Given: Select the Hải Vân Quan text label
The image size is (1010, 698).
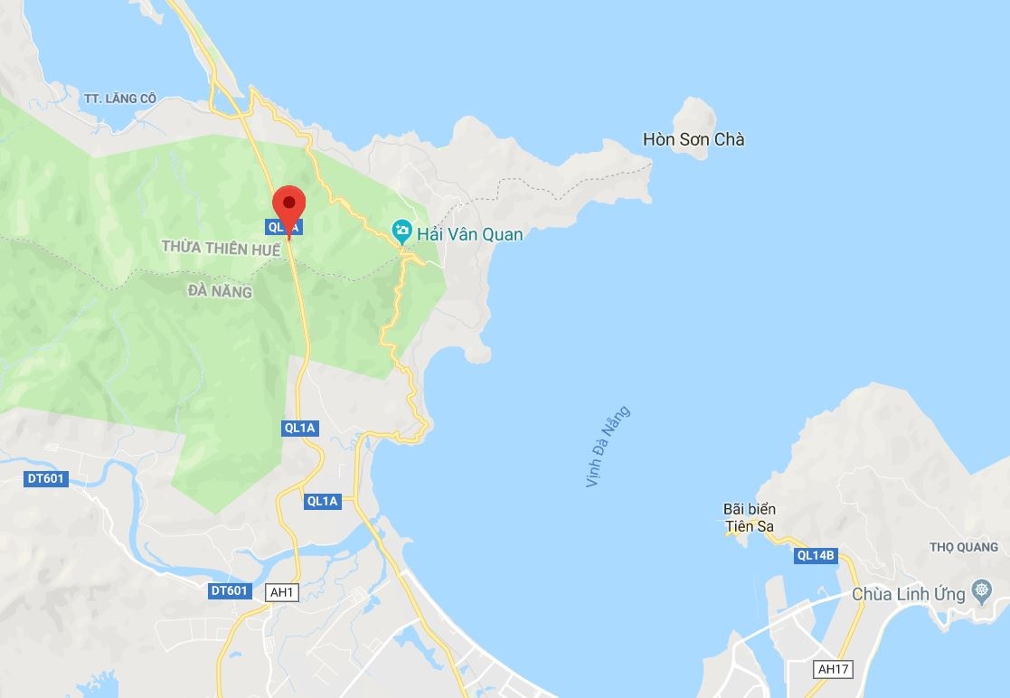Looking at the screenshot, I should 469,234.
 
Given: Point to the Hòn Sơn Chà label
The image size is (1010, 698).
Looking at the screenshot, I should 694,140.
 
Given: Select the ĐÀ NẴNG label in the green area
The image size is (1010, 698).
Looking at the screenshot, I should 220,291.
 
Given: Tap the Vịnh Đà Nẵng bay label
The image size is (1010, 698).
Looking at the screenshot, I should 607,447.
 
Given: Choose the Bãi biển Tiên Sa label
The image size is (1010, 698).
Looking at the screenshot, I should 749,518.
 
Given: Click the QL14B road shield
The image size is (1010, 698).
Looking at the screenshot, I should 816,556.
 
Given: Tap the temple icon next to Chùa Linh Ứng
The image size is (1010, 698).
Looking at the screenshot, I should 981,593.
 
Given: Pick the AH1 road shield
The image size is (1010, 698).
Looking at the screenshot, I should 282,592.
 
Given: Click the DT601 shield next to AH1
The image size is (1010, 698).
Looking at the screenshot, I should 229,590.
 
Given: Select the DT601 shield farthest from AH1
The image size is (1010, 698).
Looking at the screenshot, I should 45,478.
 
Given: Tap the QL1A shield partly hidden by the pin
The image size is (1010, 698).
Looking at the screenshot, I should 278,228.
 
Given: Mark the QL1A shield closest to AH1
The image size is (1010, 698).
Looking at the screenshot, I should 323,501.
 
